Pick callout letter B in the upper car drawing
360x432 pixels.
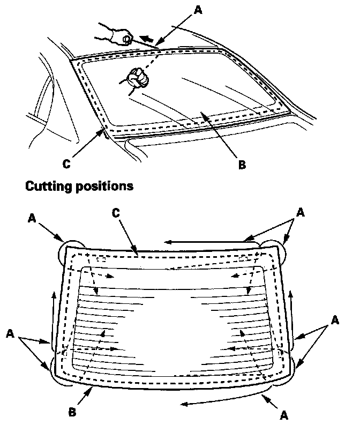pyautogui.click(x=242, y=165)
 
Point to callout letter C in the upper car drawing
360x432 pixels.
pyautogui.click(x=66, y=164)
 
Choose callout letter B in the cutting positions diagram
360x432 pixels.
pyautogui.click(x=73, y=412)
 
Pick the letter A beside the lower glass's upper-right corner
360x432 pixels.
pyautogui.click(x=301, y=212)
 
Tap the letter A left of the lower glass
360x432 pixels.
pyautogui.click(x=10, y=334)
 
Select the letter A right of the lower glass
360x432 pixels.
pyautogui.click(x=335, y=320)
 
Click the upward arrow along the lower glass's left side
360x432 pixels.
pyautogui.click(x=53, y=316)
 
